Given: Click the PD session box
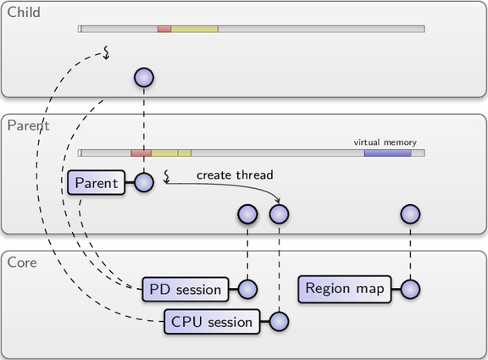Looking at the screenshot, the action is click(x=186, y=290).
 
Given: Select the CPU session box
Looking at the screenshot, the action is click(x=212, y=322).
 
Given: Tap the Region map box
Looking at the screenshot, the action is click(x=345, y=289).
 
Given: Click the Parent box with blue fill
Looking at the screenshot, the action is click(x=97, y=183).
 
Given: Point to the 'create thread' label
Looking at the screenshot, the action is click(x=235, y=174).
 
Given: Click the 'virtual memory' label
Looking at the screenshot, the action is click(x=385, y=142).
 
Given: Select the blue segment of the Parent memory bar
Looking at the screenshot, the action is click(x=388, y=152).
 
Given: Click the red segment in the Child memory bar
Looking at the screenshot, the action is click(x=164, y=29).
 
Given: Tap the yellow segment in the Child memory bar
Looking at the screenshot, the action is click(x=195, y=29).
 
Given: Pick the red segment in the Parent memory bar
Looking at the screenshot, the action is click(x=141, y=152).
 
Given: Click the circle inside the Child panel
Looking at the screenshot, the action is click(x=144, y=77).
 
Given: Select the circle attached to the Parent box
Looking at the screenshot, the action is click(x=144, y=182).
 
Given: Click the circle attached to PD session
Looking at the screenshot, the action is click(x=247, y=289).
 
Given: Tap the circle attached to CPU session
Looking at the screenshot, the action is click(x=280, y=321).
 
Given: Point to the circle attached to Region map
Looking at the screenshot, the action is click(x=411, y=289).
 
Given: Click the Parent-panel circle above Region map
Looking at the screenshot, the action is click(x=411, y=214).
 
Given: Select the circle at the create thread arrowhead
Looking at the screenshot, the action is click(x=280, y=214).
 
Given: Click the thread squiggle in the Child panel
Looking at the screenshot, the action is click(x=107, y=53).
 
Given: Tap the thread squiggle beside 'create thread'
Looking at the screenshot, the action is click(x=167, y=176).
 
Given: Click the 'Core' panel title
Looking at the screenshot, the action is click(x=22, y=263).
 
